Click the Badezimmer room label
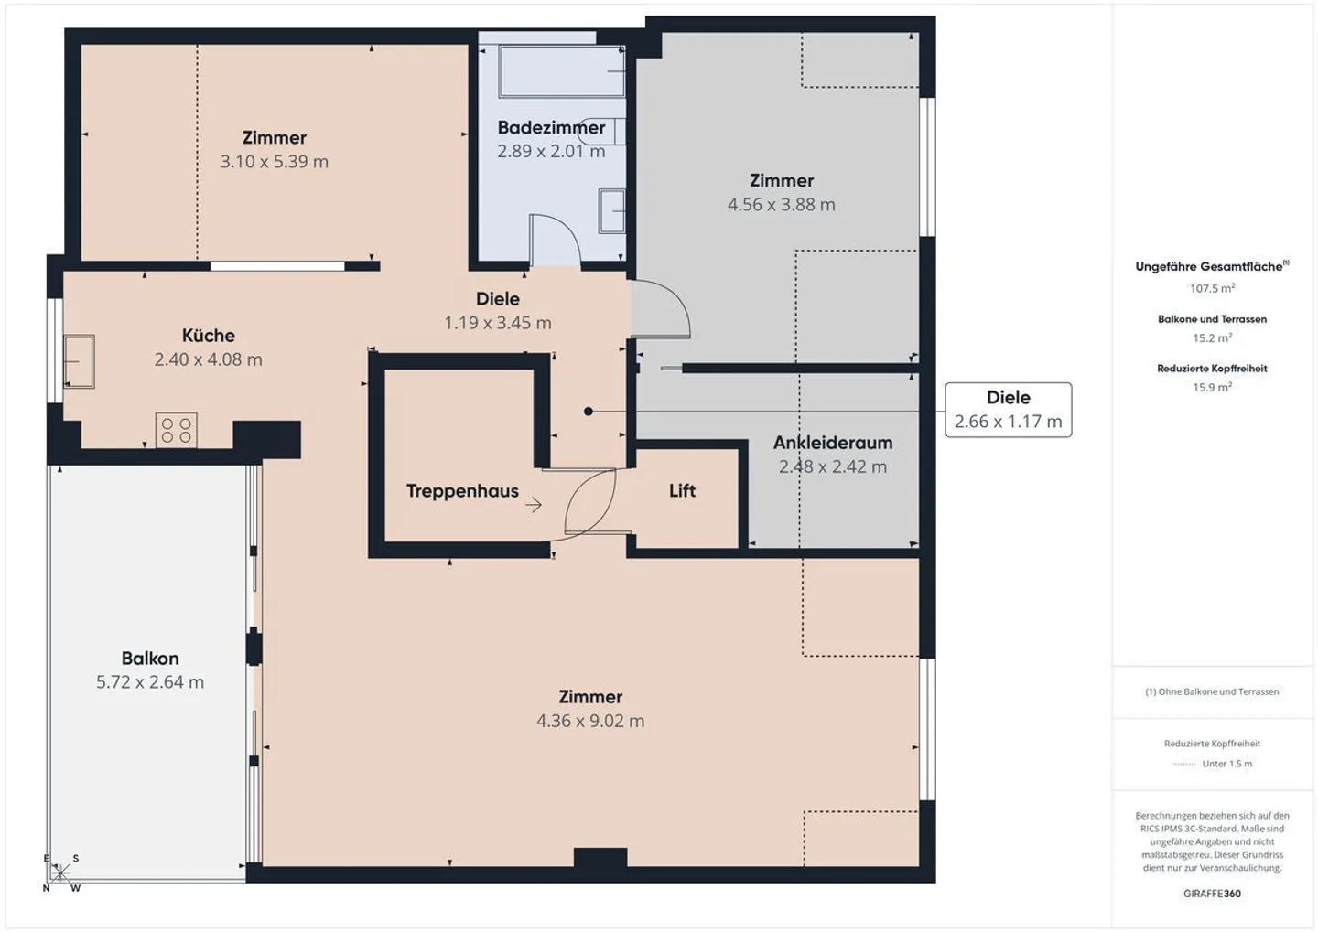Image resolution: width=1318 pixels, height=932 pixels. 551,128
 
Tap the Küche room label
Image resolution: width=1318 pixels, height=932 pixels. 208,336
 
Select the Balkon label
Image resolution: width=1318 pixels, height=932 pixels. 150,659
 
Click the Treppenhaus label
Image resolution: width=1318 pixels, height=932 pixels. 462,491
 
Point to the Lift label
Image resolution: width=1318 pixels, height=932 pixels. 682,491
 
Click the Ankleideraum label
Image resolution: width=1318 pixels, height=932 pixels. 832,443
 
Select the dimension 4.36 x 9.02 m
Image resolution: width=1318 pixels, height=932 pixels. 590,721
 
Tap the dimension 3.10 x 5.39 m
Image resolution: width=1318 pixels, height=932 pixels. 274,162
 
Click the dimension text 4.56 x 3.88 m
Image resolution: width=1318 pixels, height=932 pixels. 781,205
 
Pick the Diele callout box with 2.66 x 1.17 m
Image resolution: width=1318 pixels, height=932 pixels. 1008,410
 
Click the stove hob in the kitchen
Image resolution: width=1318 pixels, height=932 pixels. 176,430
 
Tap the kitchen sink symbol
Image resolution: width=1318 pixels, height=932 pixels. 79,361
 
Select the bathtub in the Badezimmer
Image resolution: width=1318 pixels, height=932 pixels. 561,71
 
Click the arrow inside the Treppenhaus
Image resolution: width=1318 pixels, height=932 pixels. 534,505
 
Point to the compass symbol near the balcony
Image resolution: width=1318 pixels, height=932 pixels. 60,873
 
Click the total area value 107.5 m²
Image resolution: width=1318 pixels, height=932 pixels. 1212,288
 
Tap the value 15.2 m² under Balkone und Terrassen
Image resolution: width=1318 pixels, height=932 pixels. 1212,337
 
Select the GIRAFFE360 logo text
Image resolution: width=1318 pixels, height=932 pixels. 1212,894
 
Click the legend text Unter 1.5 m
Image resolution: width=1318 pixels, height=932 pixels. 1226,764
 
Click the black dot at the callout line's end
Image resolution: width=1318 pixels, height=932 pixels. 589,412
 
